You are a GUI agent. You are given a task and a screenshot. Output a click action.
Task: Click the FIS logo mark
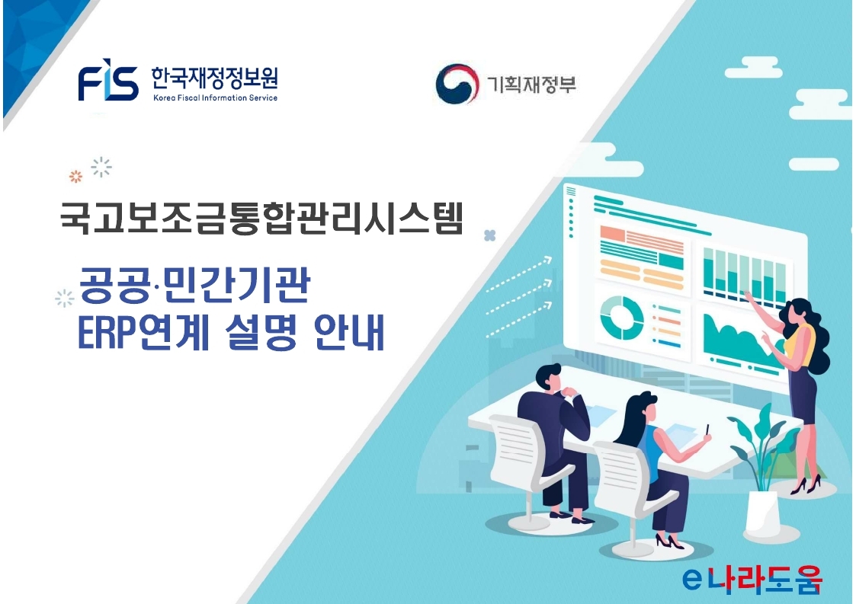(108, 83)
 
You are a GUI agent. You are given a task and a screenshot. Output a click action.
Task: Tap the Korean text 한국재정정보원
(214, 78)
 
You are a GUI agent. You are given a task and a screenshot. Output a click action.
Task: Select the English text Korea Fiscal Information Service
(215, 98)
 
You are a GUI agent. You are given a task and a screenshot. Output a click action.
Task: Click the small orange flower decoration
(75, 177)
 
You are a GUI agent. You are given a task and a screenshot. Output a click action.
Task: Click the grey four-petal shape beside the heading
(490, 236)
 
